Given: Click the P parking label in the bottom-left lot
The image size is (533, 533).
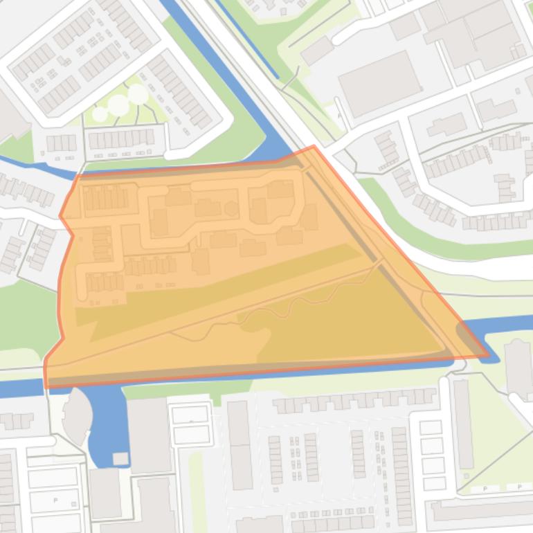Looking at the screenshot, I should [x=55, y=499].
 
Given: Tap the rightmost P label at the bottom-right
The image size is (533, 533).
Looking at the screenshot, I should [x=519, y=487].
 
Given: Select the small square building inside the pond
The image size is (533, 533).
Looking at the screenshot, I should [x=120, y=458].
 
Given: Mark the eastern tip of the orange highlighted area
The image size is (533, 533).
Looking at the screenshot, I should [x=488, y=356].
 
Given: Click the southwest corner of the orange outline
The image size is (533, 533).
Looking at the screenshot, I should [x=46, y=386].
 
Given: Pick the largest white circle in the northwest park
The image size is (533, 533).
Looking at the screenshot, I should [x=118, y=105].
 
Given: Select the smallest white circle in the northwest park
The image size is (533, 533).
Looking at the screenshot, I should [x=100, y=114].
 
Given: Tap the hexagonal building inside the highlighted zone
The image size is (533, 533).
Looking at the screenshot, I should [x=231, y=209].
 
